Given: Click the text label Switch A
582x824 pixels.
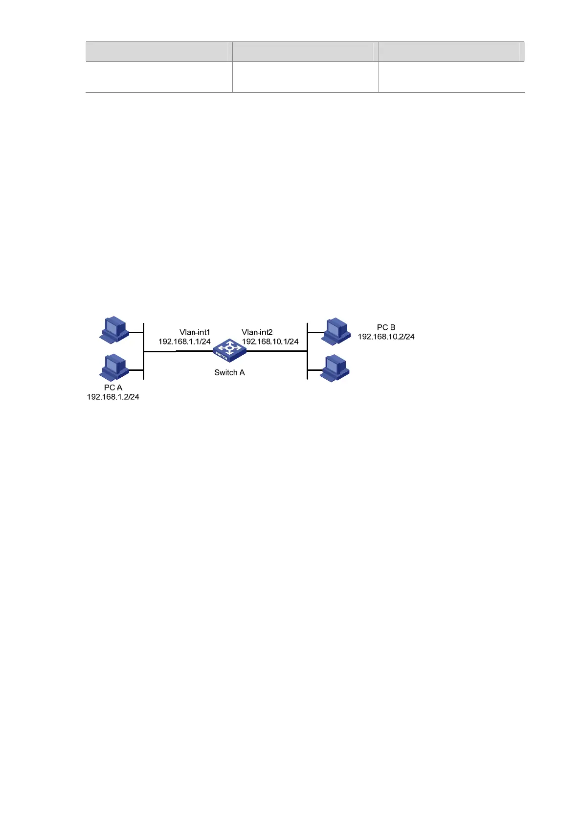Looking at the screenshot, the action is click(229, 373).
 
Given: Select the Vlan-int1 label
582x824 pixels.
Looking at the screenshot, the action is click(195, 332).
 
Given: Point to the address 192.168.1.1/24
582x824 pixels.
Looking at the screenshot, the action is click(184, 342).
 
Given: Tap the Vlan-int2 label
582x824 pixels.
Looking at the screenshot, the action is click(257, 332).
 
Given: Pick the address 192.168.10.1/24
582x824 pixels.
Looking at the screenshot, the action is click(270, 342).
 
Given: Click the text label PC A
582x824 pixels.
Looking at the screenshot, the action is click(113, 388).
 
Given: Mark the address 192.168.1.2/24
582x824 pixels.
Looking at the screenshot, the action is click(113, 397).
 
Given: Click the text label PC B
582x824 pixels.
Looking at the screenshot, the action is click(386, 327).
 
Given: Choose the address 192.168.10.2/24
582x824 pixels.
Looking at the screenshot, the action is click(386, 337).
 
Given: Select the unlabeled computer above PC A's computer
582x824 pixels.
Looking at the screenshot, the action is click(114, 329).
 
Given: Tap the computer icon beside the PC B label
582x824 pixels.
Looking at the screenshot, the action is click(336, 331).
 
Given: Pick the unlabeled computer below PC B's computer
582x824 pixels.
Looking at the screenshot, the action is click(336, 368).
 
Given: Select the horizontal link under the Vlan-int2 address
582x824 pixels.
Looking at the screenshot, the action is click(276, 351).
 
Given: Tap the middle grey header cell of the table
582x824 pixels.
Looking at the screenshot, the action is click(305, 51).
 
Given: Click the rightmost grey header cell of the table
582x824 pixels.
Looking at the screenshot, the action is click(451, 51).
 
